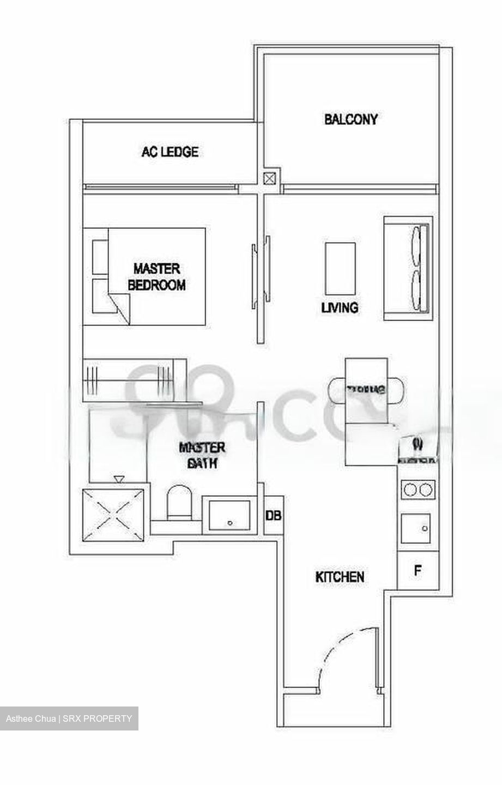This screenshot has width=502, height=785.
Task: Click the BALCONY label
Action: pos(350,119)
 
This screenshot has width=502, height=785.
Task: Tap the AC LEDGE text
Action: pos(170,152)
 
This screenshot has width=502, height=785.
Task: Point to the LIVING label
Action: pos(340,307)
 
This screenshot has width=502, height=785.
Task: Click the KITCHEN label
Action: pos(340,576)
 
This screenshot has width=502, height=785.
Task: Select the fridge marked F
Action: pos(418,571)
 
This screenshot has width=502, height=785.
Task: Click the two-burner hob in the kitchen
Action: pos(418,490)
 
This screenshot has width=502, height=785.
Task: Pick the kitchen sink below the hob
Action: pos(415,528)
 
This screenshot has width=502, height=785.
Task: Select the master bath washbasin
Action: pos(227,515)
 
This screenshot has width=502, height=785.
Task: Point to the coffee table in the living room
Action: pos(340,268)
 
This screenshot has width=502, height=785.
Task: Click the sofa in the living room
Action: pos(408,268)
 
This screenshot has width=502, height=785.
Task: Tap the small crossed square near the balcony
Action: pos(270,178)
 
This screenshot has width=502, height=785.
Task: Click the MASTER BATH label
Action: pos(202,455)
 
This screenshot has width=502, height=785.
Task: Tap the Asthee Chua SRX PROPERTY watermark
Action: pos(69,718)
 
